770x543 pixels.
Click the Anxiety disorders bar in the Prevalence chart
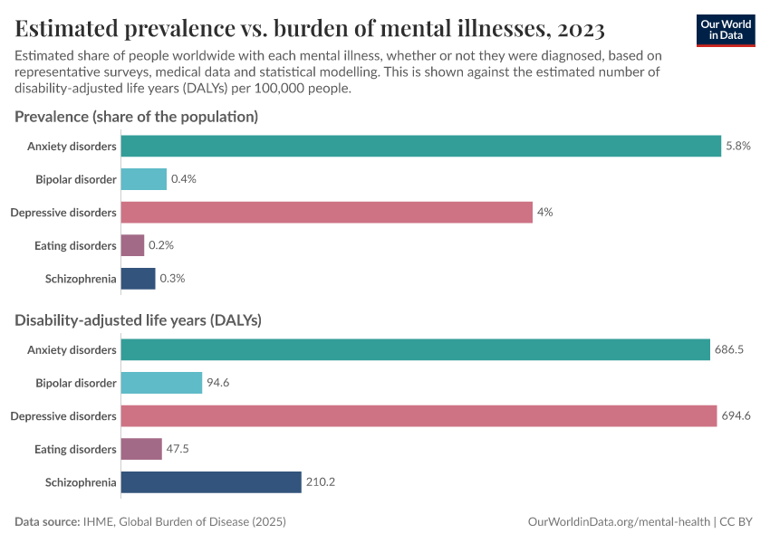(x=421, y=146)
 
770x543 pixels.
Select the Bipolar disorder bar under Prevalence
(x=144, y=179)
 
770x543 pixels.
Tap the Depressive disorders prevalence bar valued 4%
(x=326, y=212)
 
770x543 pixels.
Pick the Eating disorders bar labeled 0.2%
(x=132, y=245)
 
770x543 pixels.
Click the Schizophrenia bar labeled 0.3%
(x=138, y=279)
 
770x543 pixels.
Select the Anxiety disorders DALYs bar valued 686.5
(x=415, y=349)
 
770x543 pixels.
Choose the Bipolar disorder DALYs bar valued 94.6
(x=161, y=383)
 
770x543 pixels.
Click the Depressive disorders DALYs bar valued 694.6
(x=419, y=416)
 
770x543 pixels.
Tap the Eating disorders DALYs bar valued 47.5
(x=141, y=449)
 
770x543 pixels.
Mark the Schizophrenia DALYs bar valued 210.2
(x=210, y=482)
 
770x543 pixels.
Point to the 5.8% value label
(x=738, y=146)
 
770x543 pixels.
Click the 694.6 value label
(x=736, y=416)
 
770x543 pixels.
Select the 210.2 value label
(x=321, y=482)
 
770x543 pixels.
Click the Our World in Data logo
(x=725, y=29)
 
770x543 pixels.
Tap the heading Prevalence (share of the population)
(x=137, y=117)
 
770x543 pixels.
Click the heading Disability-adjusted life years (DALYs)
(x=139, y=320)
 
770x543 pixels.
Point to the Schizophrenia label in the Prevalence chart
(x=81, y=279)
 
